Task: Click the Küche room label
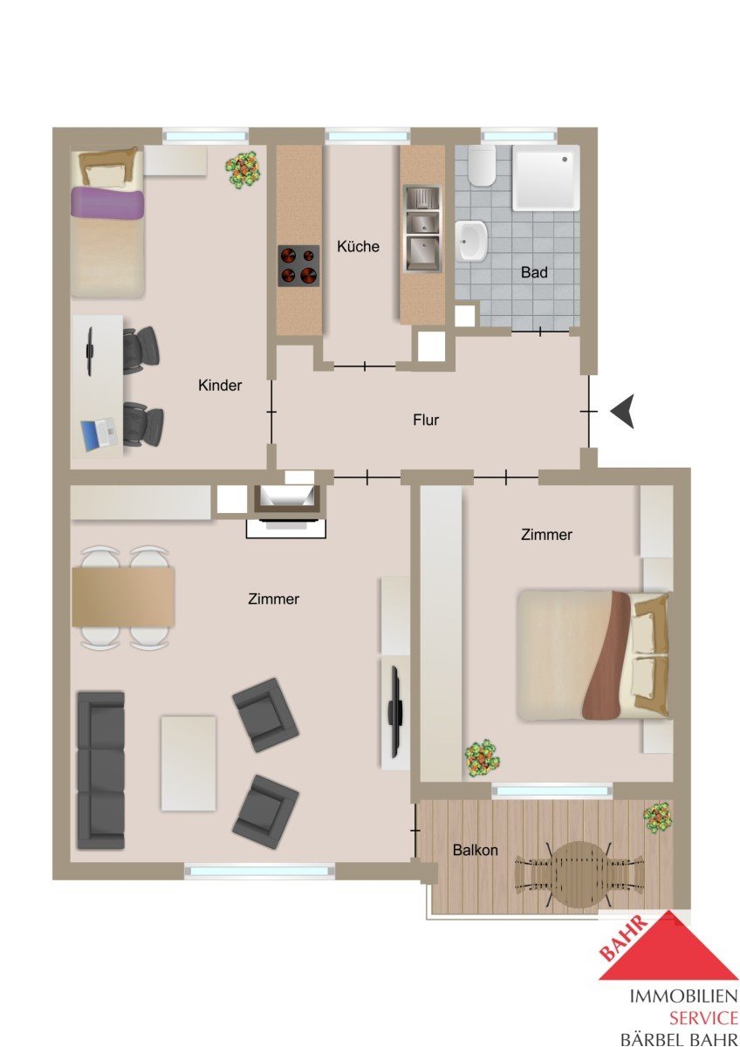coord(358,246)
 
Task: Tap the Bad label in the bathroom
coord(534,272)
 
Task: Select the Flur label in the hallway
coord(425,420)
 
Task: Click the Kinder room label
coord(220,385)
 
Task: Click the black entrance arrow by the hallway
coord(623,411)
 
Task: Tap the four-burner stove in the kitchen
coord(298,265)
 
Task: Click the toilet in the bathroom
coord(481,166)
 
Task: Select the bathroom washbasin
coord(472,240)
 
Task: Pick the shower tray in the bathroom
coord(545,178)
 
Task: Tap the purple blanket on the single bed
coord(106,202)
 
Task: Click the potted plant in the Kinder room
coord(243,168)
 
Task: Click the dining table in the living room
coord(123,597)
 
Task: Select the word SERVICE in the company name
coord(703,1017)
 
